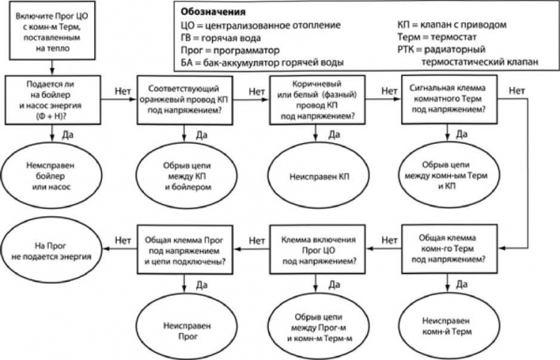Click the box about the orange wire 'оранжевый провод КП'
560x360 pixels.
tap(186, 101)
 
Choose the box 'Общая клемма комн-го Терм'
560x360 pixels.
tap(447, 247)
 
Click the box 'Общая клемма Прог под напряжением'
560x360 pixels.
tap(186, 247)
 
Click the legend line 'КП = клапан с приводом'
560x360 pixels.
tap(452, 25)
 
